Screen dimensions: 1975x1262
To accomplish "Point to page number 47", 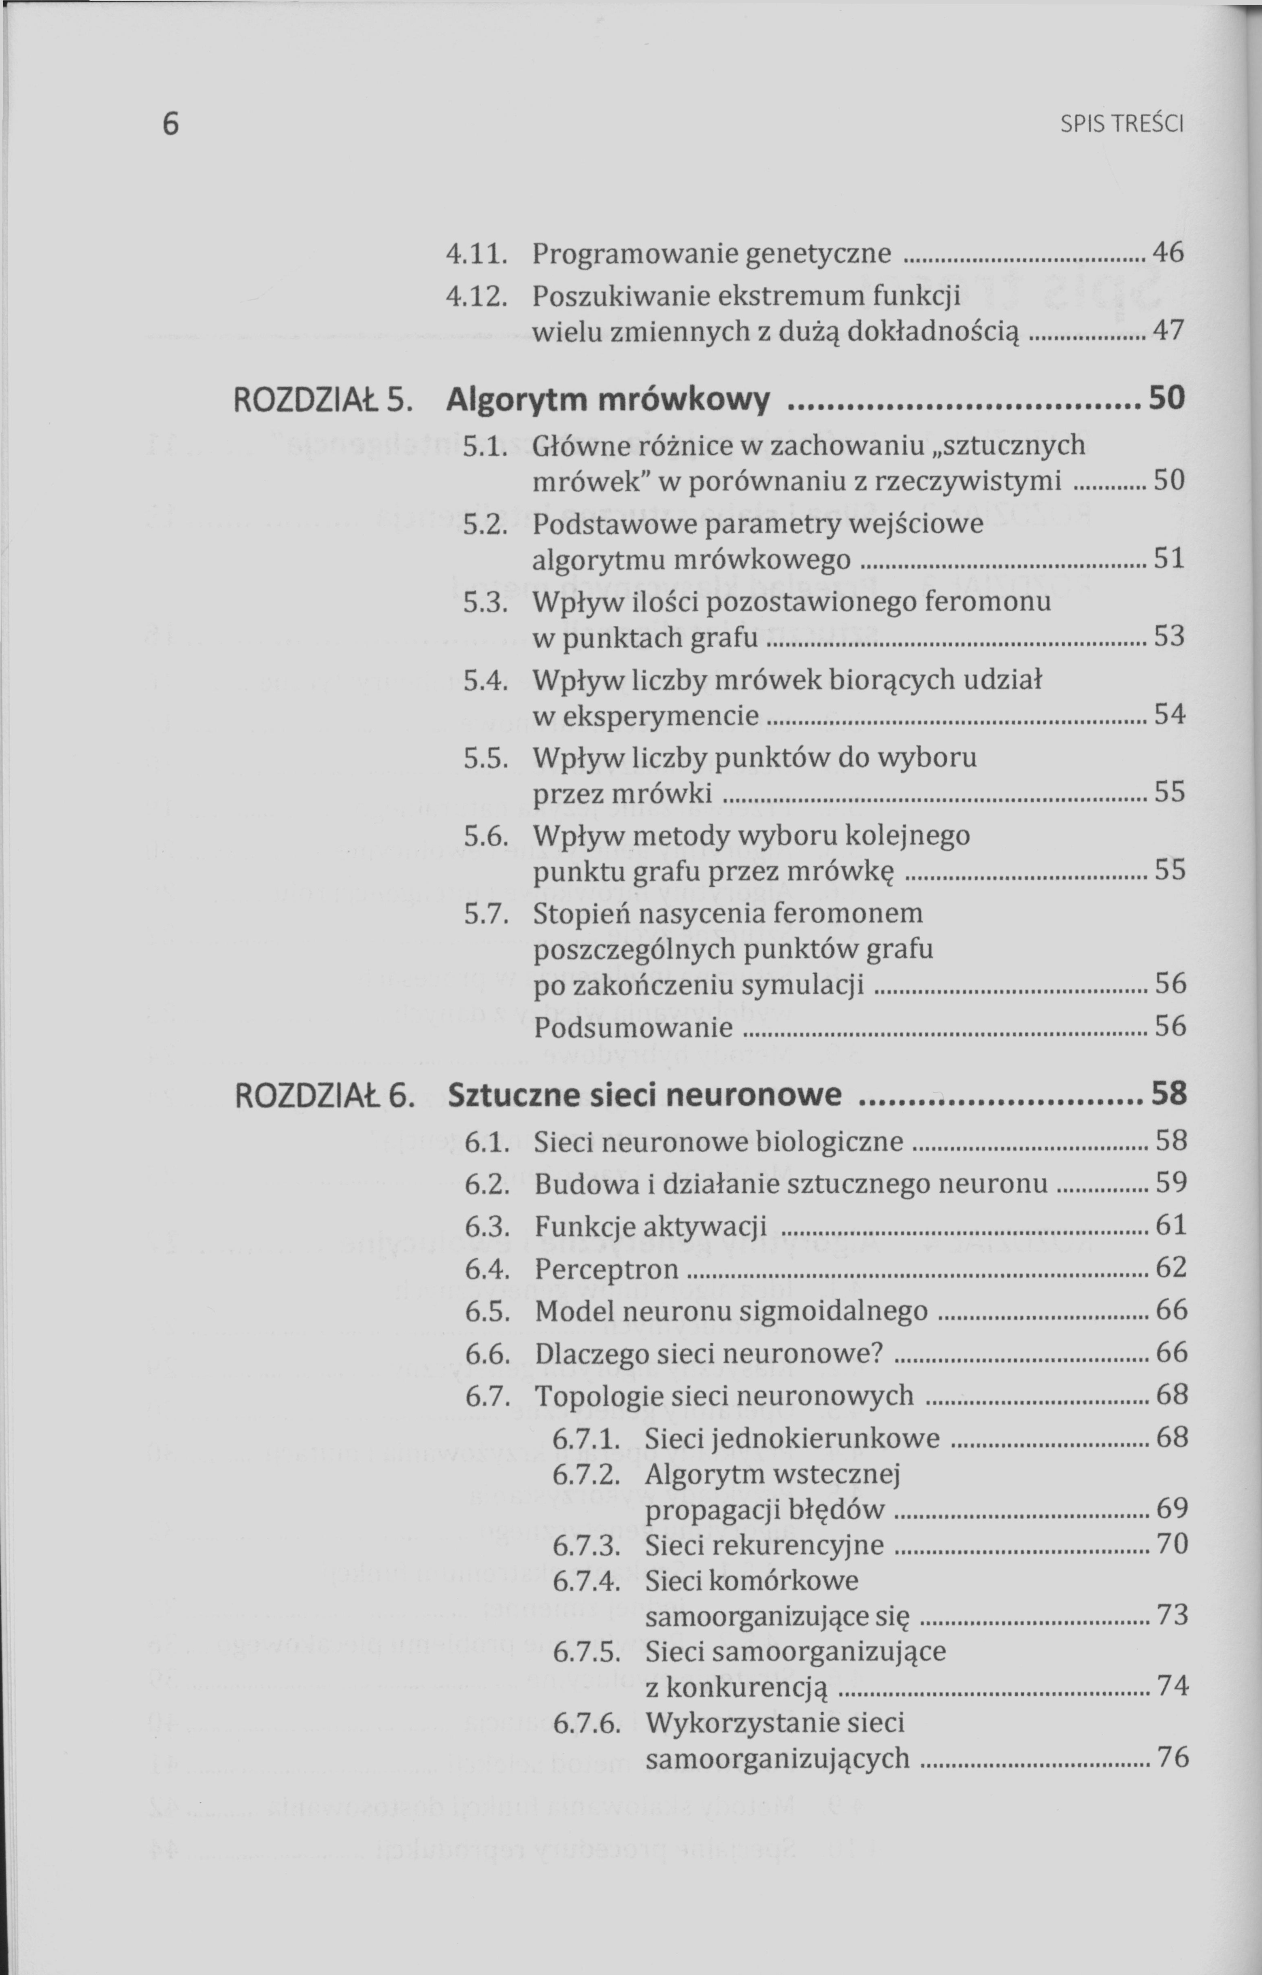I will tap(1168, 331).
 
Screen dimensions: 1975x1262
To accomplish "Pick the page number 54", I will tap(1169, 714).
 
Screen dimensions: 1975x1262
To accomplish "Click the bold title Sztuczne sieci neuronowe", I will tap(645, 1095).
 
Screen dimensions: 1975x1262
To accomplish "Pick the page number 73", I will tap(1172, 1615).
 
